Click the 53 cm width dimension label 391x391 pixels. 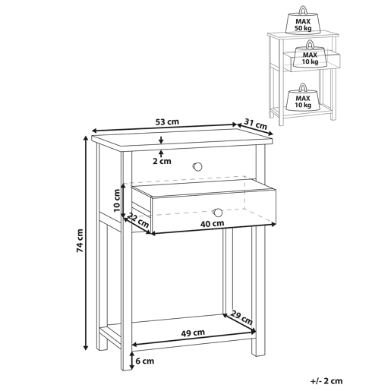coord(167,122)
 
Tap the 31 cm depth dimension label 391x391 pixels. coord(256,124)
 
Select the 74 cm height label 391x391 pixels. coord(80,241)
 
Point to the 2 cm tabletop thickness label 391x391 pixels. coord(162,161)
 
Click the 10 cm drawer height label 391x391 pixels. coord(117,200)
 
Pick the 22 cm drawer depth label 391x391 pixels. coord(138,219)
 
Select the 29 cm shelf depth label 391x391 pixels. coord(241,318)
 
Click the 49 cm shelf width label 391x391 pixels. coord(193,333)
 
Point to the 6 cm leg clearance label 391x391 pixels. coord(145,361)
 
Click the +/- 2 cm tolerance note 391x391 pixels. coord(326,380)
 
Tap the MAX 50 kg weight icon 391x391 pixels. coord(303,20)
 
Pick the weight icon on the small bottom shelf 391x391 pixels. coord(303,97)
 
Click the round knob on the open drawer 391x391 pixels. coord(218,213)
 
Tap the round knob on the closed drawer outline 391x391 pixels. coord(197,166)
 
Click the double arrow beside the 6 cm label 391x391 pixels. coord(132,361)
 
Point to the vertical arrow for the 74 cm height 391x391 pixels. coord(86,243)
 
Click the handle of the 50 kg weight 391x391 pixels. coord(303,10)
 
